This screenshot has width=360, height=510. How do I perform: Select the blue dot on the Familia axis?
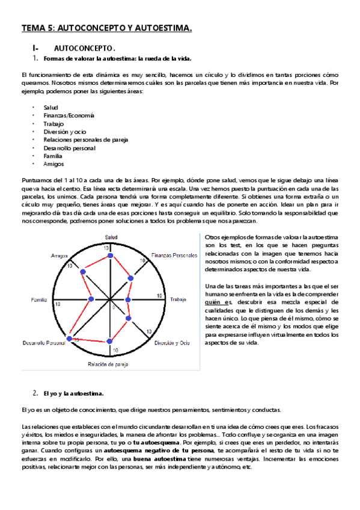point(90,299)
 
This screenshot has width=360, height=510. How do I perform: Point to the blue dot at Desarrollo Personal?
point(70,339)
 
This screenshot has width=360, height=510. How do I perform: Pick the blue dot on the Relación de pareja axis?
point(109,341)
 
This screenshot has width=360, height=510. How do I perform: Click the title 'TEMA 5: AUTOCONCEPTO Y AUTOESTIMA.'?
point(107,28)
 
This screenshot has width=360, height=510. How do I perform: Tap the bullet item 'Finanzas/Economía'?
point(69,115)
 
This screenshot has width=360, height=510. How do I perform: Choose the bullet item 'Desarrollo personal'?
point(69,147)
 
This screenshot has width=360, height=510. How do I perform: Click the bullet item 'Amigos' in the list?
point(53,164)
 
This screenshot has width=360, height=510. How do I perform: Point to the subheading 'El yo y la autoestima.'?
point(73,393)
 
